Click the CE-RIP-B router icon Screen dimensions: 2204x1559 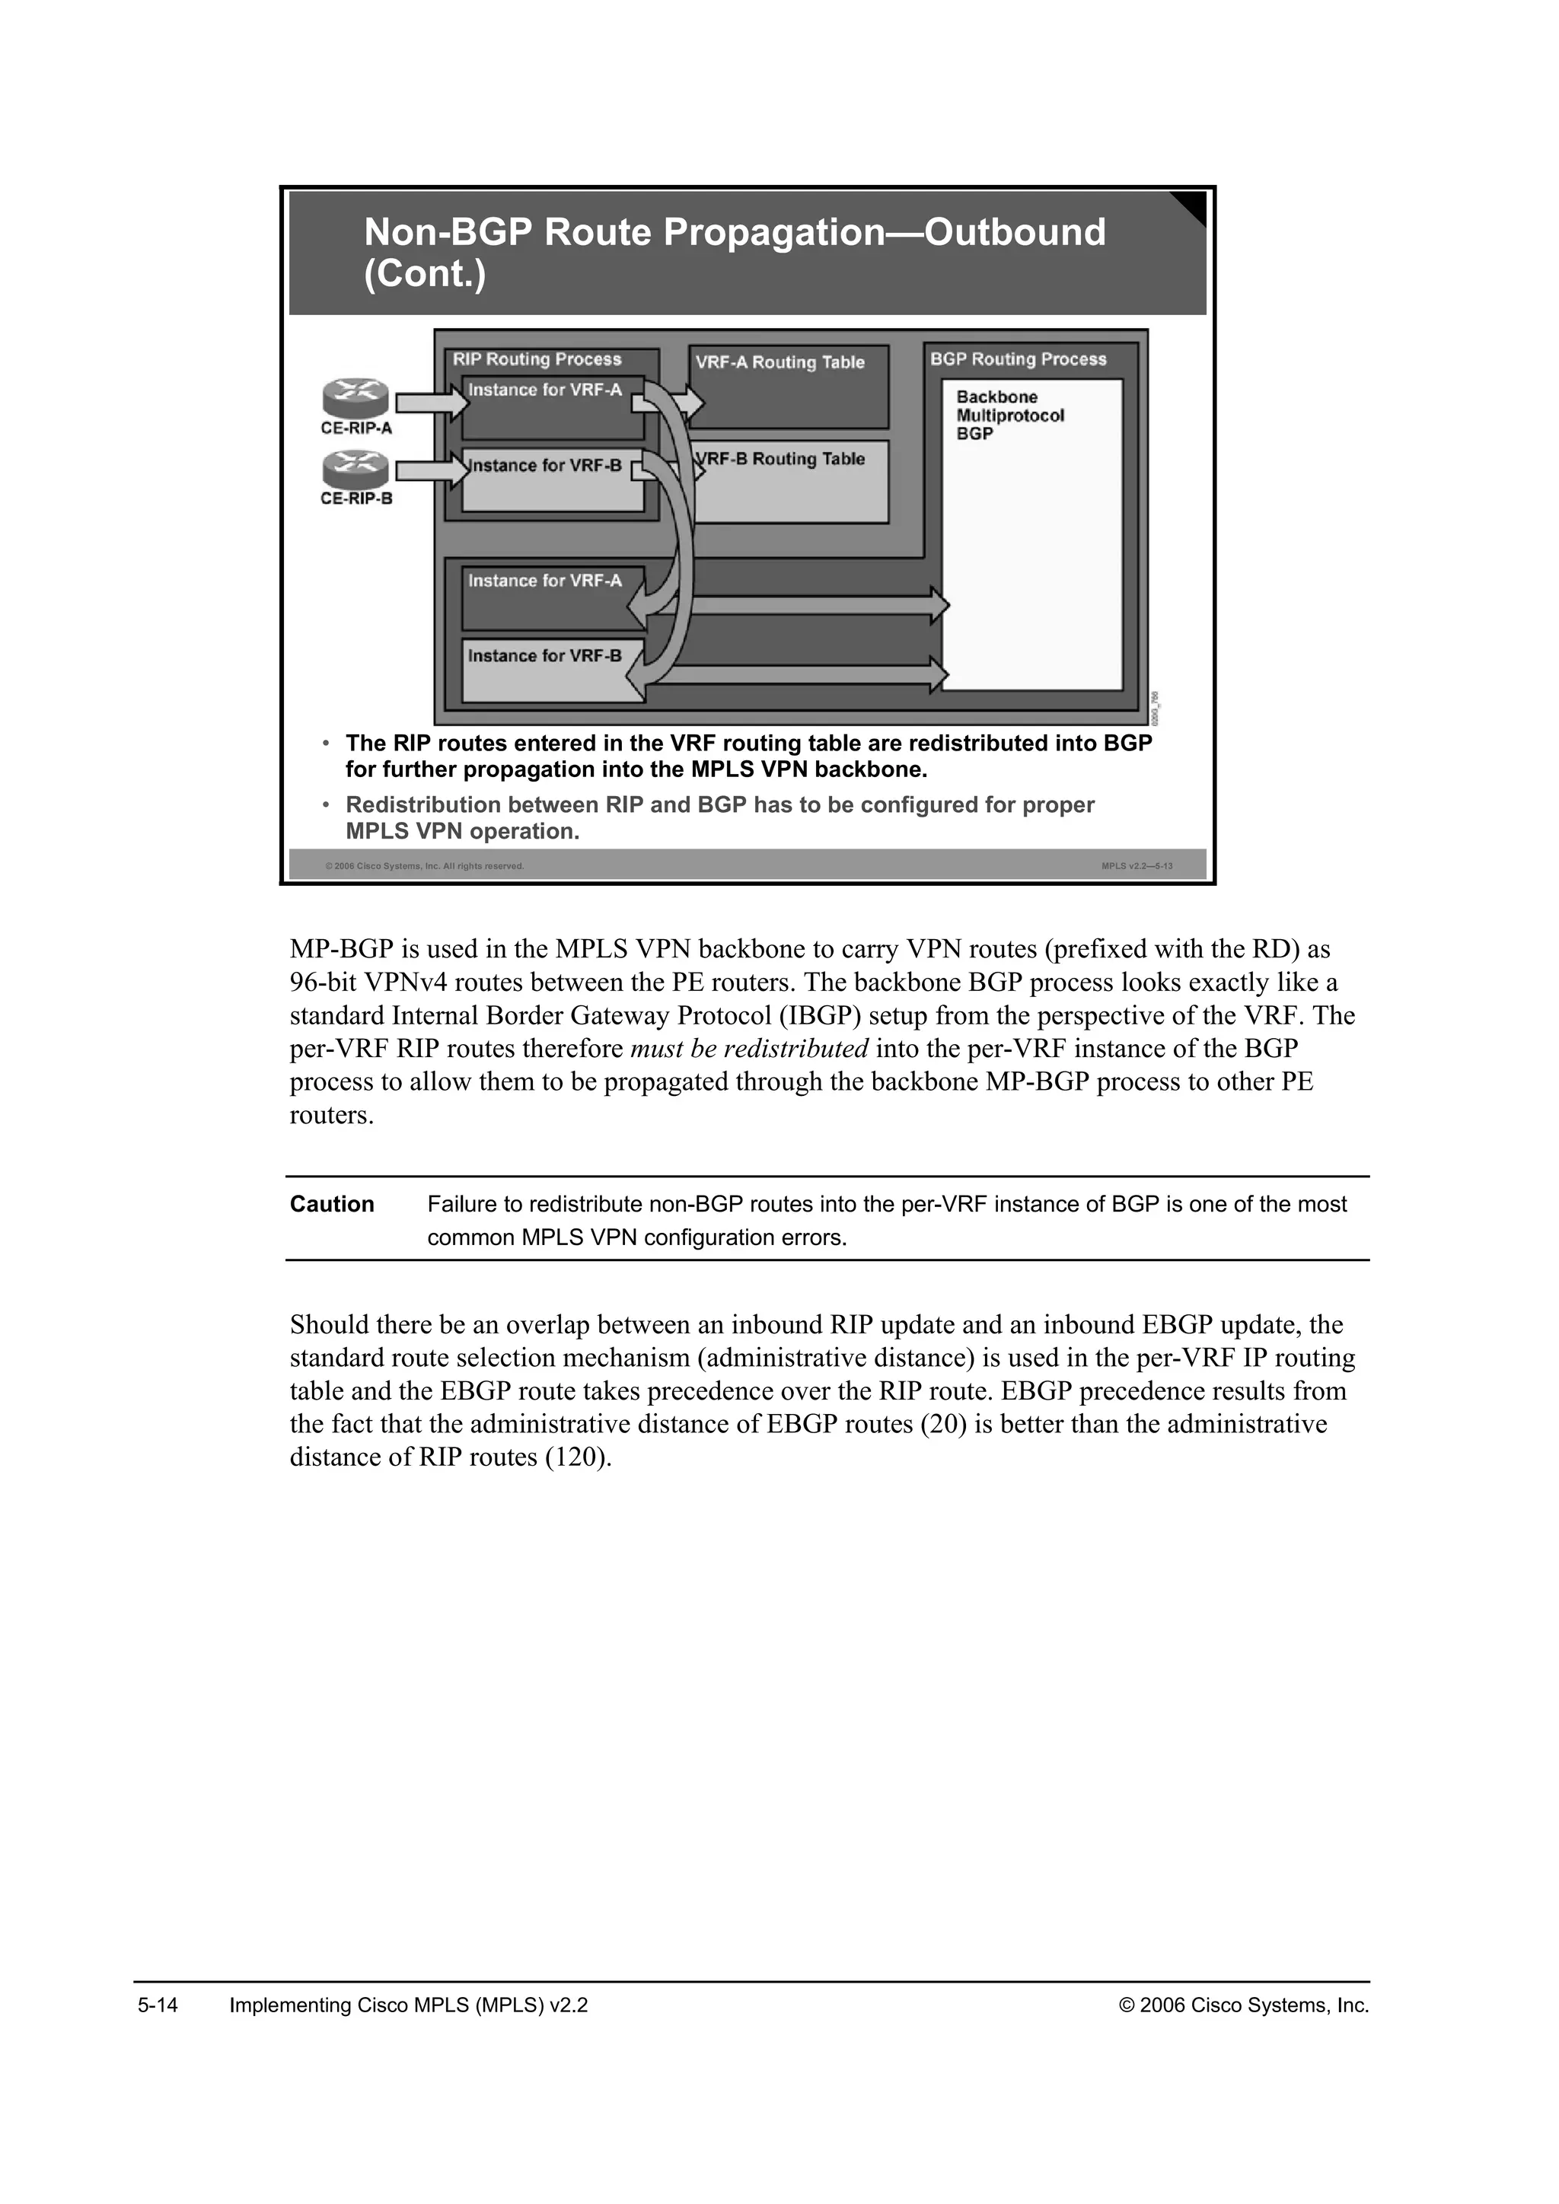click(355, 470)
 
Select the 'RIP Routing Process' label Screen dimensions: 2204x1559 click(537, 360)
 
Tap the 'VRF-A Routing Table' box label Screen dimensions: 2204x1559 click(779, 363)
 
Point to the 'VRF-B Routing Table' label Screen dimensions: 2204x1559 click(783, 460)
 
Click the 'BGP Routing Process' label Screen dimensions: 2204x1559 click(1018, 360)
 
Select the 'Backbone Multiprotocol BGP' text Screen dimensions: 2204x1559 click(1010, 416)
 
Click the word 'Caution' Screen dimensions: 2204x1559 click(332, 1205)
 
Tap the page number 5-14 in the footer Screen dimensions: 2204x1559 click(158, 2005)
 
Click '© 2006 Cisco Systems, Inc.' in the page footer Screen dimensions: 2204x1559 click(1244, 2005)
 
